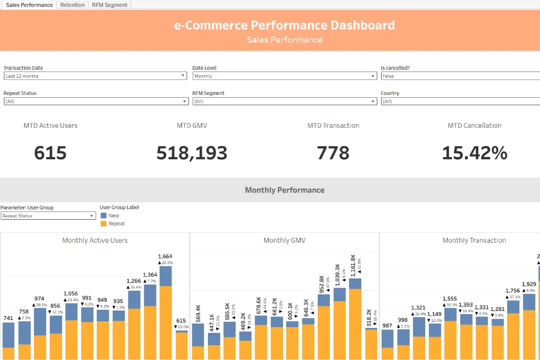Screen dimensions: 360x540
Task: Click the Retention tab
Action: click(72, 5)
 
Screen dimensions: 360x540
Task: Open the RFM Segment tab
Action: click(110, 5)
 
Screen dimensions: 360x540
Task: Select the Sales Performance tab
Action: click(29, 5)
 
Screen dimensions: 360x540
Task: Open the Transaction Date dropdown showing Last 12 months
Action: click(95, 76)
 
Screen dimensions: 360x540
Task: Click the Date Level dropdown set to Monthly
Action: click(284, 76)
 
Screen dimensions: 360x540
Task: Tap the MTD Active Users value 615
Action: click(50, 153)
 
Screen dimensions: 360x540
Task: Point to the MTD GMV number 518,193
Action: click(192, 153)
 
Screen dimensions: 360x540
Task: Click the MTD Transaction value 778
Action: click(333, 153)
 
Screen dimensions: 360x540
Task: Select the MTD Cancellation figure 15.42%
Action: click(474, 153)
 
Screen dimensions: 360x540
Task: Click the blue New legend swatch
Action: click(103, 216)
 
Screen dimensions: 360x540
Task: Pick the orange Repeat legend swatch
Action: click(103, 224)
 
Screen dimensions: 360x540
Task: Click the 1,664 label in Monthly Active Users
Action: click(166, 256)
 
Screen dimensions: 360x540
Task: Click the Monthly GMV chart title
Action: click(284, 240)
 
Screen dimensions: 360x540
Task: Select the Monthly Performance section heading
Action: click(284, 190)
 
